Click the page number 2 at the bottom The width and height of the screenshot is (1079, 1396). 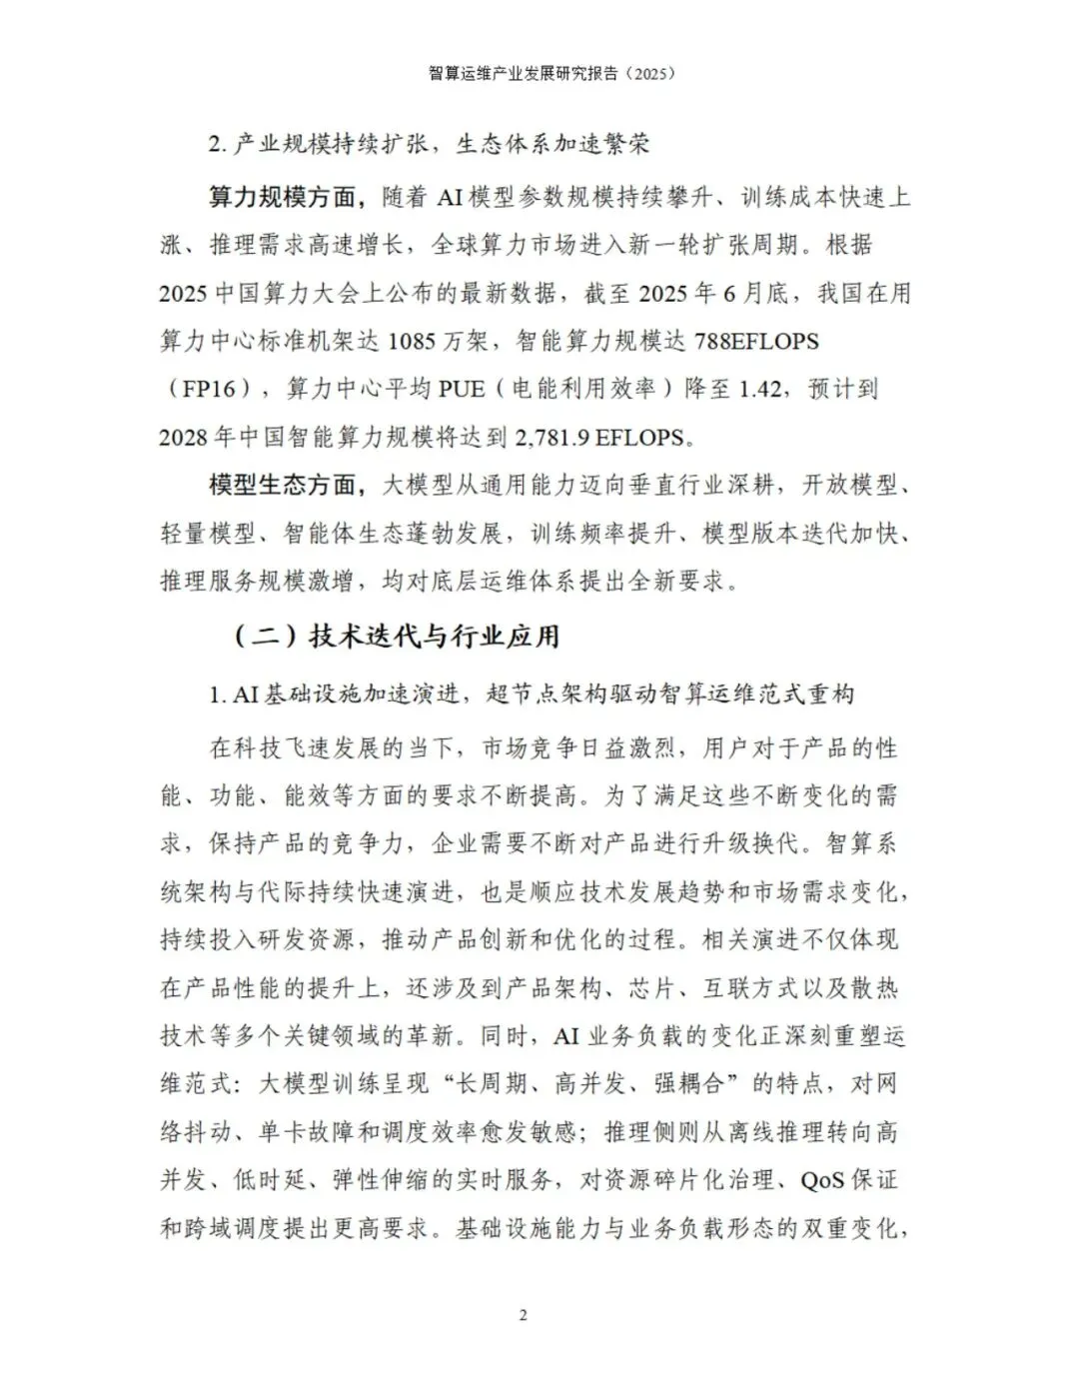click(523, 1315)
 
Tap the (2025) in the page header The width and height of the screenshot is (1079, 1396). click(649, 73)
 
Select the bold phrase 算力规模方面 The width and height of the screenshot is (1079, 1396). click(283, 197)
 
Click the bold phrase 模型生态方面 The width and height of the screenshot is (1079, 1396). click(283, 486)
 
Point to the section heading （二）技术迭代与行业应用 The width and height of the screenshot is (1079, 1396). click(397, 637)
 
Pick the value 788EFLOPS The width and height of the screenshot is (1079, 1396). click(756, 342)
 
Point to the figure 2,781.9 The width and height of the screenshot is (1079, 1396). click(560, 437)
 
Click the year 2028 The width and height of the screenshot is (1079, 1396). click(183, 437)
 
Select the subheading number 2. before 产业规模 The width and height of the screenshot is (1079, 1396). click(218, 144)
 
